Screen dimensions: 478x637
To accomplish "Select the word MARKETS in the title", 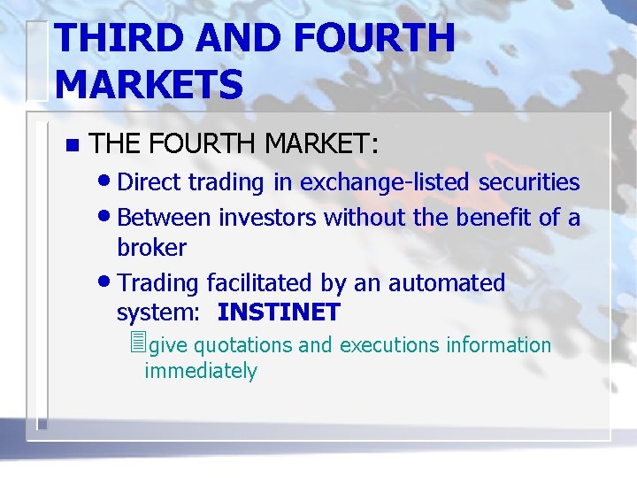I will [149, 84].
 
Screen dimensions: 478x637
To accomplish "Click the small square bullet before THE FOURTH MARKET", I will [72, 144].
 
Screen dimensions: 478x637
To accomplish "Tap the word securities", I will [529, 182].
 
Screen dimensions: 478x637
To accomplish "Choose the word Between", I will [164, 217].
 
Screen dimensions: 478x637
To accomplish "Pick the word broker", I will [151, 248].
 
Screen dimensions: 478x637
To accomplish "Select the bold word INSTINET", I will [279, 312].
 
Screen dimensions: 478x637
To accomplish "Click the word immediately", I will [201, 371].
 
